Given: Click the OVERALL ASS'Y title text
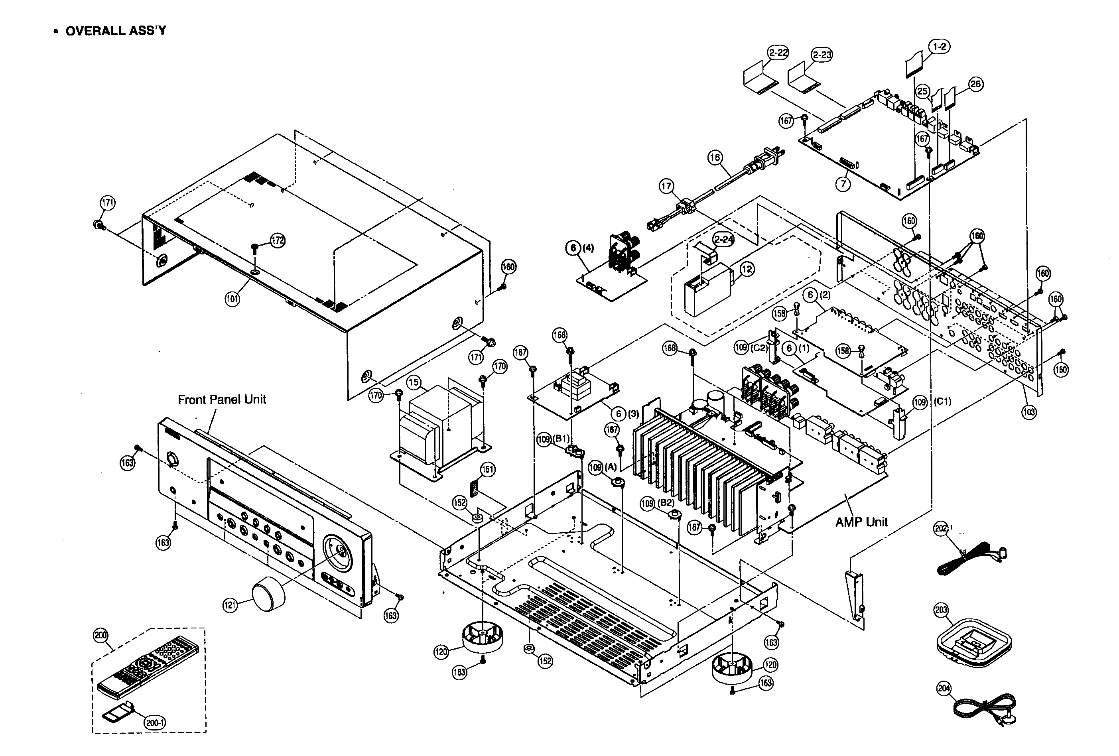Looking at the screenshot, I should (116, 31).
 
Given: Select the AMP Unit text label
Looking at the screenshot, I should (861, 522).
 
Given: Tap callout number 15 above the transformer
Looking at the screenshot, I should (414, 383).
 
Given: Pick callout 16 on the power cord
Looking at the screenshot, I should (715, 157).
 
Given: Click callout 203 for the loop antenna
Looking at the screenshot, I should (941, 610).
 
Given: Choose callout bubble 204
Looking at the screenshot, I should (944, 689).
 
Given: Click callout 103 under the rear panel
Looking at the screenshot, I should (1028, 412).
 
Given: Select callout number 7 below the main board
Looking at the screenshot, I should (843, 184).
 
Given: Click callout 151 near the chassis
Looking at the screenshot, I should (488, 469).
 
